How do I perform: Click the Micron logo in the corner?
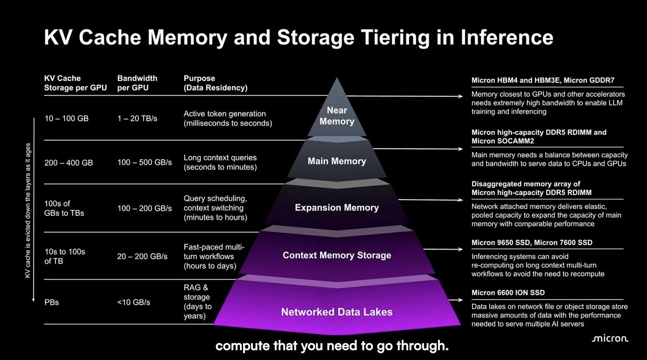[610, 338]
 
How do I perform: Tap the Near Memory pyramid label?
[337, 116]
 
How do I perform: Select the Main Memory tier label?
[337, 161]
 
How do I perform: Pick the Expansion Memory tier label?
[337, 208]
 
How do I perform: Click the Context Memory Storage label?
[337, 255]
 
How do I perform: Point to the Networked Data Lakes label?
[337, 312]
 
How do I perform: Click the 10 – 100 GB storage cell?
[67, 119]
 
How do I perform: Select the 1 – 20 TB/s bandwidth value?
[137, 119]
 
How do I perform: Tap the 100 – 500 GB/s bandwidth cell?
[144, 162]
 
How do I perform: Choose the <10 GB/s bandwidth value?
[133, 302]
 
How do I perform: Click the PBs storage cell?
[52, 302]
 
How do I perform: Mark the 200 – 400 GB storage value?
[68, 163]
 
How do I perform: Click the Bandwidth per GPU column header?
[137, 83]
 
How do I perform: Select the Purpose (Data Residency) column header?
[216, 83]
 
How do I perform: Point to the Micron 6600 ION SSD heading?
[508, 293]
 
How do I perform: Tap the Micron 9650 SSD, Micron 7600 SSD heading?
[532, 242]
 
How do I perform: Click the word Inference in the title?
[507, 37]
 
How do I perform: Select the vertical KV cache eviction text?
[28, 211]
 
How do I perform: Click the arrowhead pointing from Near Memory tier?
[461, 96]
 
